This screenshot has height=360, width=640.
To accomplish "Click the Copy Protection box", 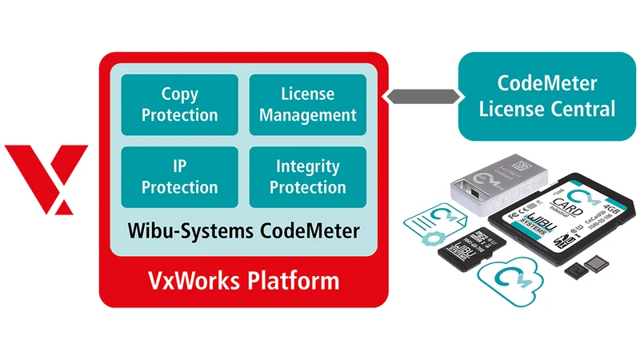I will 179,105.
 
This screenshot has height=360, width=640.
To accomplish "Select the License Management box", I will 307,105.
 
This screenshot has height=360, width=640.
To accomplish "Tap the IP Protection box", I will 179,177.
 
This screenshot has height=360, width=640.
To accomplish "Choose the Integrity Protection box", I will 307,177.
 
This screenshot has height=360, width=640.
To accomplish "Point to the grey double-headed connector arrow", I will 422,96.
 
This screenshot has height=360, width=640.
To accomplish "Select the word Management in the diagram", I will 307,115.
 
